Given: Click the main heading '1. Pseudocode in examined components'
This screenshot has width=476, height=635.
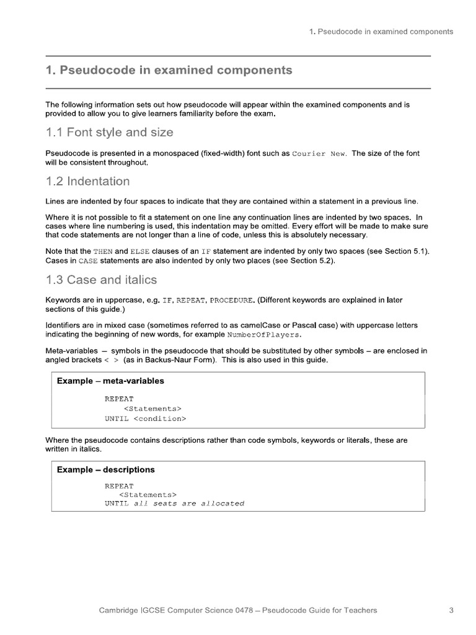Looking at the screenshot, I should (x=169, y=70).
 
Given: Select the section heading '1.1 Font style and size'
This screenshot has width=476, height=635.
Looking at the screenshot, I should (x=109, y=132).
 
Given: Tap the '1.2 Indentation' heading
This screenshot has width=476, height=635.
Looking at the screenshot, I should (x=87, y=181).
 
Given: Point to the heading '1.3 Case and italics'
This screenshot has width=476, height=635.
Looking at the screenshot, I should (x=101, y=280).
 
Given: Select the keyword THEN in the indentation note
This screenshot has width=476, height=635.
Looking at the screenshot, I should (x=103, y=251).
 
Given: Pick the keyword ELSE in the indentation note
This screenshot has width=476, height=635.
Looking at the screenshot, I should (x=139, y=251).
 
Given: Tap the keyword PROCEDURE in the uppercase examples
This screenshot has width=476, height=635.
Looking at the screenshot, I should (x=231, y=300).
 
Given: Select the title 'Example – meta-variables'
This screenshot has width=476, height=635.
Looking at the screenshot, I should (x=110, y=381).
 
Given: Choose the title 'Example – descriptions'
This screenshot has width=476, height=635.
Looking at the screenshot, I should (x=105, y=469).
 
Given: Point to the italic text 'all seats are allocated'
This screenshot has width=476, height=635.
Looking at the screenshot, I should (x=189, y=504).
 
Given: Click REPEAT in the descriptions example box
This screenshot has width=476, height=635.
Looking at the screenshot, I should (x=118, y=486).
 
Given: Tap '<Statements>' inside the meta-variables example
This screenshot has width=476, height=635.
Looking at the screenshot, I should (x=152, y=409).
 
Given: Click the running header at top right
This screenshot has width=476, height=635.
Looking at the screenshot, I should (x=381, y=31).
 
